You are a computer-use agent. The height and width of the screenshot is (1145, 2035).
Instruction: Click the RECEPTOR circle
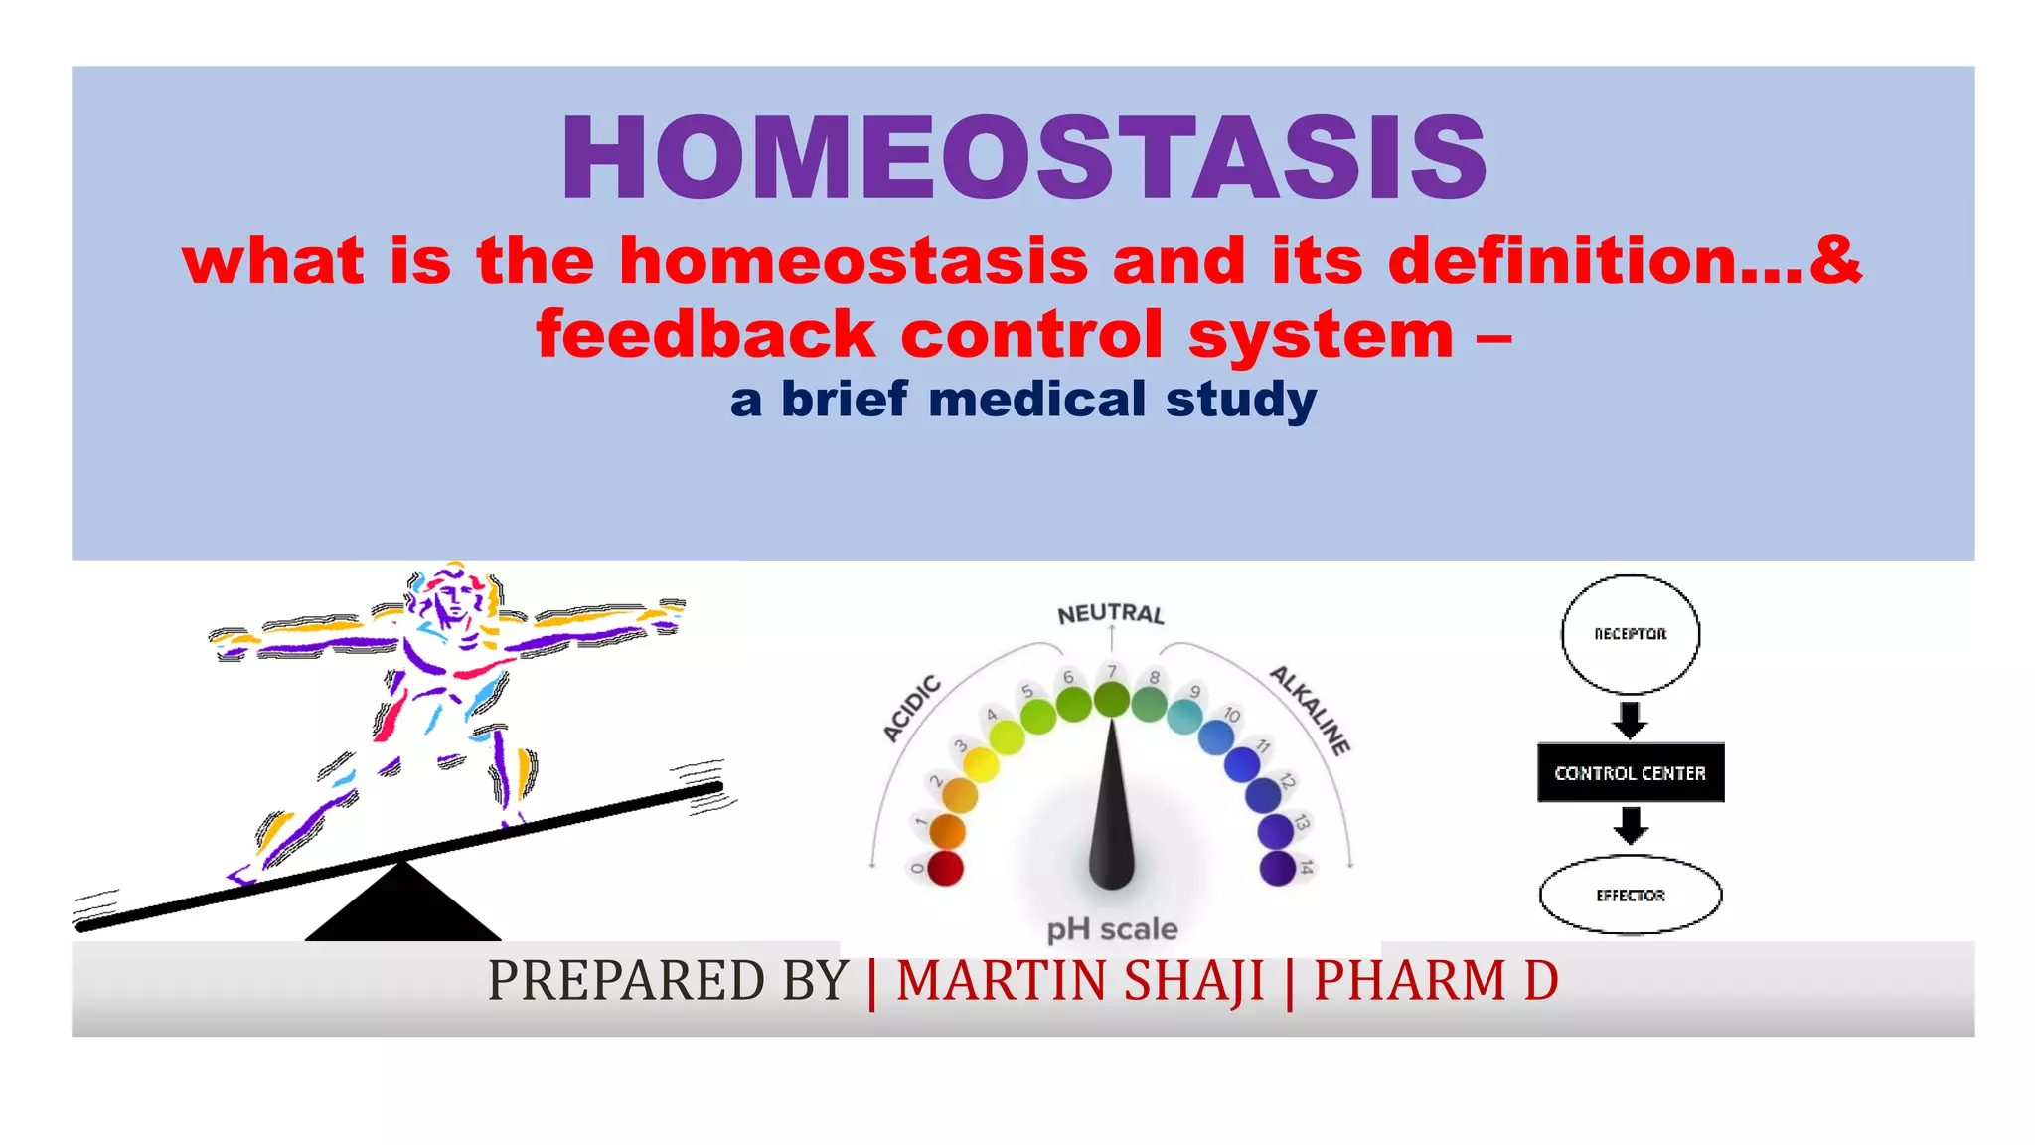1630,634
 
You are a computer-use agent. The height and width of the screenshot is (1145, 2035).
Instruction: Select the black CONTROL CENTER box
1630,772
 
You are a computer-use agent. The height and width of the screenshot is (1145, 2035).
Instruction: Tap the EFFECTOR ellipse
1630,895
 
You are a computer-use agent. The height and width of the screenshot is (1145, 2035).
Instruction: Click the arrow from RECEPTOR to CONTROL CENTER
1630,719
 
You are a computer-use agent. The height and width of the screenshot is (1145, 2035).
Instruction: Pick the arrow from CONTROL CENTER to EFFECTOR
1630,825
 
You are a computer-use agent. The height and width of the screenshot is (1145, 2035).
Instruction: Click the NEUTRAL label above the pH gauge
1110,614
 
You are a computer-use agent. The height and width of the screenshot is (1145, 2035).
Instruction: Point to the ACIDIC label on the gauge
911,708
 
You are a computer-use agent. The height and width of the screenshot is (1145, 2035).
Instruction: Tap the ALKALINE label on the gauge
1311,710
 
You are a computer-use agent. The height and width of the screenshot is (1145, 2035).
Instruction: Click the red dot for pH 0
944,868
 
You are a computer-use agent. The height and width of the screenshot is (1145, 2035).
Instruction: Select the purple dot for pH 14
1277,868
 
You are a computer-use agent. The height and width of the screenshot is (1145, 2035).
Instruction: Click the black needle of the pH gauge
1111,815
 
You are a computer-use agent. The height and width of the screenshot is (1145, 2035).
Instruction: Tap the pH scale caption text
1112,929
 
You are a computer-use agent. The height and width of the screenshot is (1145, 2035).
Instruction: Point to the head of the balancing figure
453,596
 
